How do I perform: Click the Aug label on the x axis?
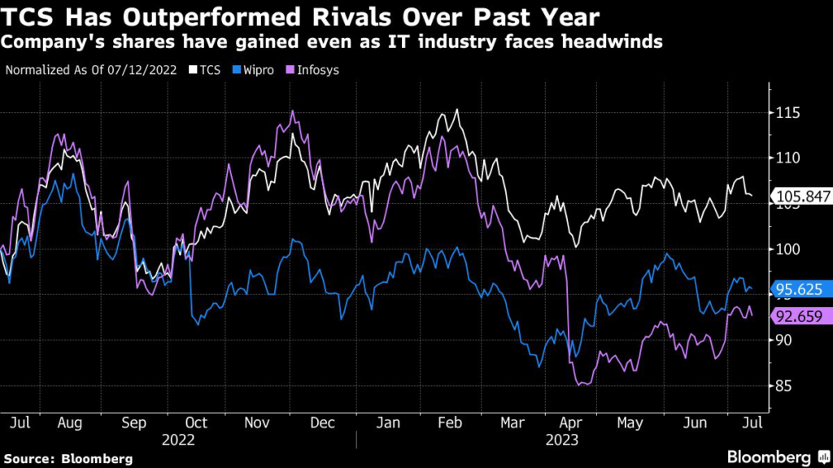point(70,422)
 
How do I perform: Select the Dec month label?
point(325,422)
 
